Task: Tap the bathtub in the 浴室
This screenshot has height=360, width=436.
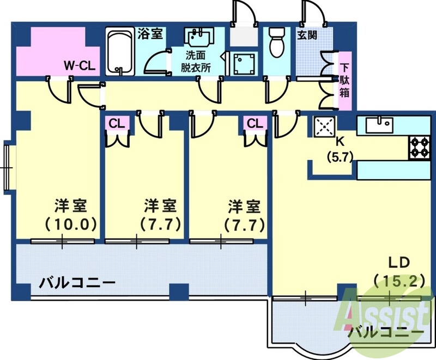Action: pos(119,53)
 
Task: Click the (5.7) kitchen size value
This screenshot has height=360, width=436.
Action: pos(341,155)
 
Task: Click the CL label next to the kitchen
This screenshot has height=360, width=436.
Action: pos(255,123)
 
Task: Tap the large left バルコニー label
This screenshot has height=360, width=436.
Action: pos(77,283)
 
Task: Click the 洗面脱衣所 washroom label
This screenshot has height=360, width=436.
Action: pos(196,62)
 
